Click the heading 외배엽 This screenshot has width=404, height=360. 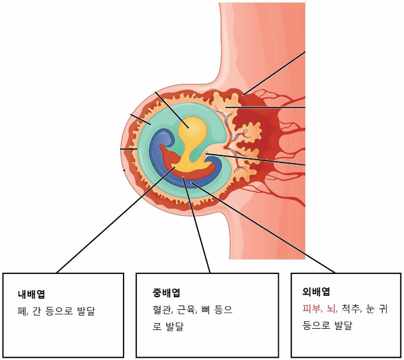[x=315, y=292]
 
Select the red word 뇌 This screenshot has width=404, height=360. [x=332, y=309]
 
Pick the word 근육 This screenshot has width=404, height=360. [x=184, y=310]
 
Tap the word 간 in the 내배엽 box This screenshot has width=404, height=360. [x=36, y=311]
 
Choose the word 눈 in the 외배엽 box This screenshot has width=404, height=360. [x=369, y=309]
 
